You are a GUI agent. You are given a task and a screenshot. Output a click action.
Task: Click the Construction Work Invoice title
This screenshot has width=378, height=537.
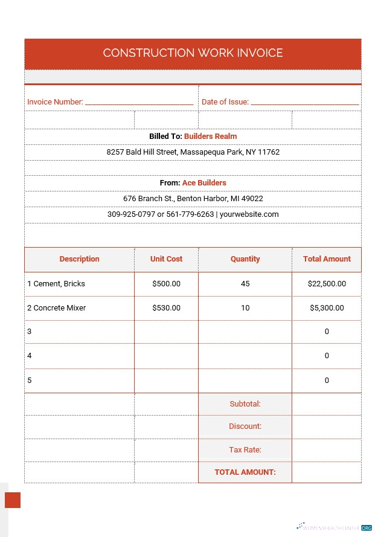[193, 53]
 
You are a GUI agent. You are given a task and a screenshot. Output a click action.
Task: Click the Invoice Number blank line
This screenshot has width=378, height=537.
[139, 103]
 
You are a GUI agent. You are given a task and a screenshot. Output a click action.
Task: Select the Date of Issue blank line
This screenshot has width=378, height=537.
[304, 103]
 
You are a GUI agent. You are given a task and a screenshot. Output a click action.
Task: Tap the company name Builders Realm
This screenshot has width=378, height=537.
[210, 137]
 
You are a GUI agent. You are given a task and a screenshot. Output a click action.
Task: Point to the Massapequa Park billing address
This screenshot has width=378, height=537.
[193, 152]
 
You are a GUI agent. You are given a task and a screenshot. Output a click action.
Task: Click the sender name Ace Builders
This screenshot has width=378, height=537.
[204, 182]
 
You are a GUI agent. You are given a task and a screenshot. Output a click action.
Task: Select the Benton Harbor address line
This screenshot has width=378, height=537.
[193, 198]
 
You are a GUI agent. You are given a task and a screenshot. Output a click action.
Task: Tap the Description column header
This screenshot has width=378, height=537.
[79, 259]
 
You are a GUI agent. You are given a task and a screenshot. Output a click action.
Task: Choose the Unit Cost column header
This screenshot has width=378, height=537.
[166, 259]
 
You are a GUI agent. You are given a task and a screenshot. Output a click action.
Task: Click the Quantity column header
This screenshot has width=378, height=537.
[245, 259]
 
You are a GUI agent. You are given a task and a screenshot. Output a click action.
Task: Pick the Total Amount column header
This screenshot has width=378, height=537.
[327, 259]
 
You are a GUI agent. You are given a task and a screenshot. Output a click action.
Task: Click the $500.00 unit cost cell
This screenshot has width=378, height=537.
[166, 283]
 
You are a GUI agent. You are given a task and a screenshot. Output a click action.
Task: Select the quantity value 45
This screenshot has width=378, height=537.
[245, 283]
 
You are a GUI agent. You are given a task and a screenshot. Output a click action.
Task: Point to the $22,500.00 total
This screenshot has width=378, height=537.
[327, 283]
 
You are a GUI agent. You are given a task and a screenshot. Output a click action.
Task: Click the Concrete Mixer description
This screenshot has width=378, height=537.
[59, 307]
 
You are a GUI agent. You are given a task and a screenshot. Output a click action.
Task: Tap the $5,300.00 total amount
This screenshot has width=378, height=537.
[327, 307]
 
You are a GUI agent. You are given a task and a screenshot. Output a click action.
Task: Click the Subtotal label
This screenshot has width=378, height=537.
[245, 404]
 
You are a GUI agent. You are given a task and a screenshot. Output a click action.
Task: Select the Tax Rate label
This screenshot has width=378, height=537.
[245, 449]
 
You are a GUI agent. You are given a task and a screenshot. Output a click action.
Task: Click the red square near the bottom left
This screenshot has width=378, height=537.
[13, 500]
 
